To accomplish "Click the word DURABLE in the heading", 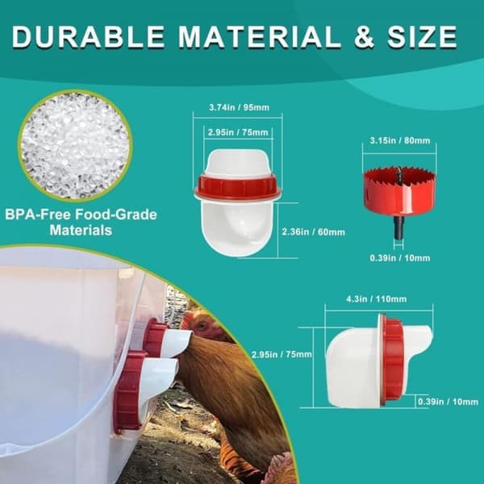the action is click(88, 37).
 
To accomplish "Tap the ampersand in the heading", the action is click(365, 37).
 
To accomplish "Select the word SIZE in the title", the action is click(422, 37).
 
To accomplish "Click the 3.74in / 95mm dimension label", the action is click(239, 107).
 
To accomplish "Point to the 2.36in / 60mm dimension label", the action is click(313, 232).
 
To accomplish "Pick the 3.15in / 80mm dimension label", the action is click(400, 140).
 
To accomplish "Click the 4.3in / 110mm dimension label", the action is click(376, 299).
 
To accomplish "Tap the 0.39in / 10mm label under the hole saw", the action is click(400, 258).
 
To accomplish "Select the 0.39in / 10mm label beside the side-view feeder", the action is click(448, 402).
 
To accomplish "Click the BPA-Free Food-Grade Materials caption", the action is click(81, 223).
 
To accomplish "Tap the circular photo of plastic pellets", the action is click(75, 145).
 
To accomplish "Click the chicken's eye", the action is click(202, 326).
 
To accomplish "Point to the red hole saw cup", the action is click(399, 190).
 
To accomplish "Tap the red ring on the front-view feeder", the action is click(238, 187).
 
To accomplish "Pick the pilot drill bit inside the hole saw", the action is click(399, 175).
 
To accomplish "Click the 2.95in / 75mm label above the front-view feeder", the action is click(238, 132).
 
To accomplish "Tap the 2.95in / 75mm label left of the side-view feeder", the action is click(282, 354).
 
